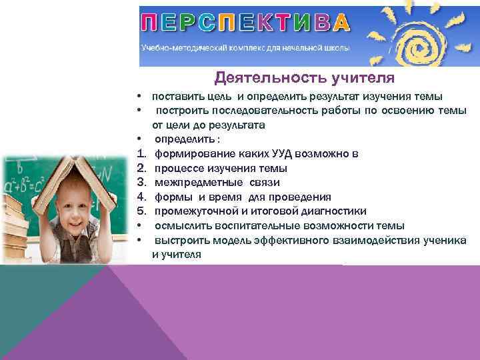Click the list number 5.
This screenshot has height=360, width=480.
141,211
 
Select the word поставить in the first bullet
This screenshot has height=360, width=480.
177,96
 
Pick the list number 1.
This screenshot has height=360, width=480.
141,154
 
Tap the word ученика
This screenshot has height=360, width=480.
443,241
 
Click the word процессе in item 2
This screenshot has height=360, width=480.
178,168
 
